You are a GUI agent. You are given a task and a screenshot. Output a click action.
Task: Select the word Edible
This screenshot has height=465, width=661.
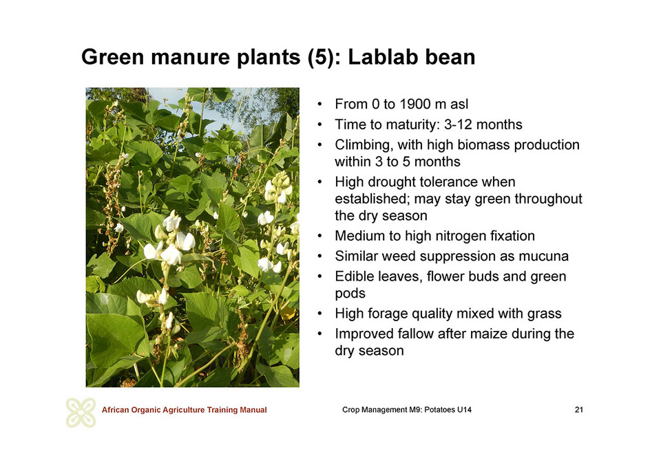(355, 277)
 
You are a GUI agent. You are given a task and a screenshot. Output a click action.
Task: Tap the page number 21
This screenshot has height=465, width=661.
(579, 410)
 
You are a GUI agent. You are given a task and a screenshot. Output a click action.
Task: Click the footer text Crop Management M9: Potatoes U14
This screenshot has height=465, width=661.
(407, 410)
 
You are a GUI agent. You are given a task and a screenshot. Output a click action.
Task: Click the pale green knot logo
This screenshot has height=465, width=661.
(81, 412)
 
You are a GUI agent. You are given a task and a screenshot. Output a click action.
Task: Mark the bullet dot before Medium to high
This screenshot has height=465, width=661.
(320, 236)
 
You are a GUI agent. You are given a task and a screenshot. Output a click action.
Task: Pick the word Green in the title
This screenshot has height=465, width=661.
(112, 57)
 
